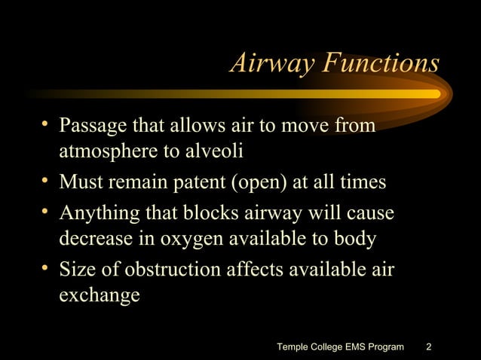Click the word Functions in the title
tap(380, 64)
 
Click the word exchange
tap(99, 296)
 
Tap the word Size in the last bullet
tap(77, 270)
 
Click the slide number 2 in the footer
tap(429, 347)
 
